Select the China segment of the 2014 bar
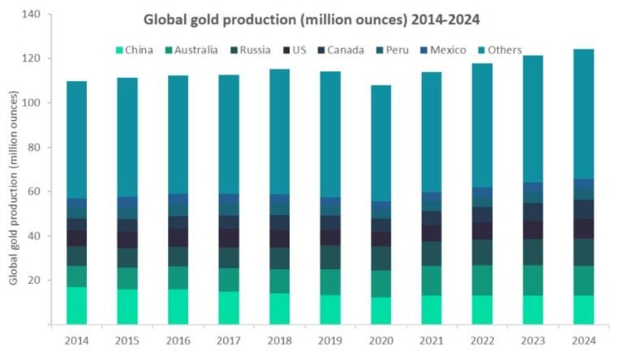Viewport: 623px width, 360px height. (x=77, y=306)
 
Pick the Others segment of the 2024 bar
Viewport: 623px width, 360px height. (x=582, y=114)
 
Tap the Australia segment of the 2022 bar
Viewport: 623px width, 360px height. (x=481, y=280)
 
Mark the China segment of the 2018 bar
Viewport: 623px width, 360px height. (x=279, y=309)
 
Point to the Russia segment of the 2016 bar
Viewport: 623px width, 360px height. (x=178, y=256)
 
